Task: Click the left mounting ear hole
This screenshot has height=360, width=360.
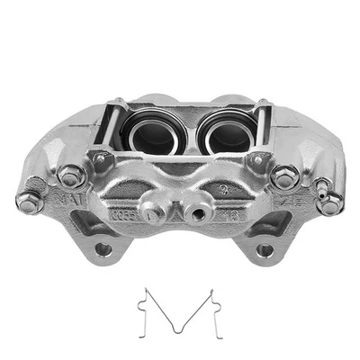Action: [x=103, y=247]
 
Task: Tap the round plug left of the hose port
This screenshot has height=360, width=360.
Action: [x=154, y=214]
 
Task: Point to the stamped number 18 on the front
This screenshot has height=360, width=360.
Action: [x=232, y=214]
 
